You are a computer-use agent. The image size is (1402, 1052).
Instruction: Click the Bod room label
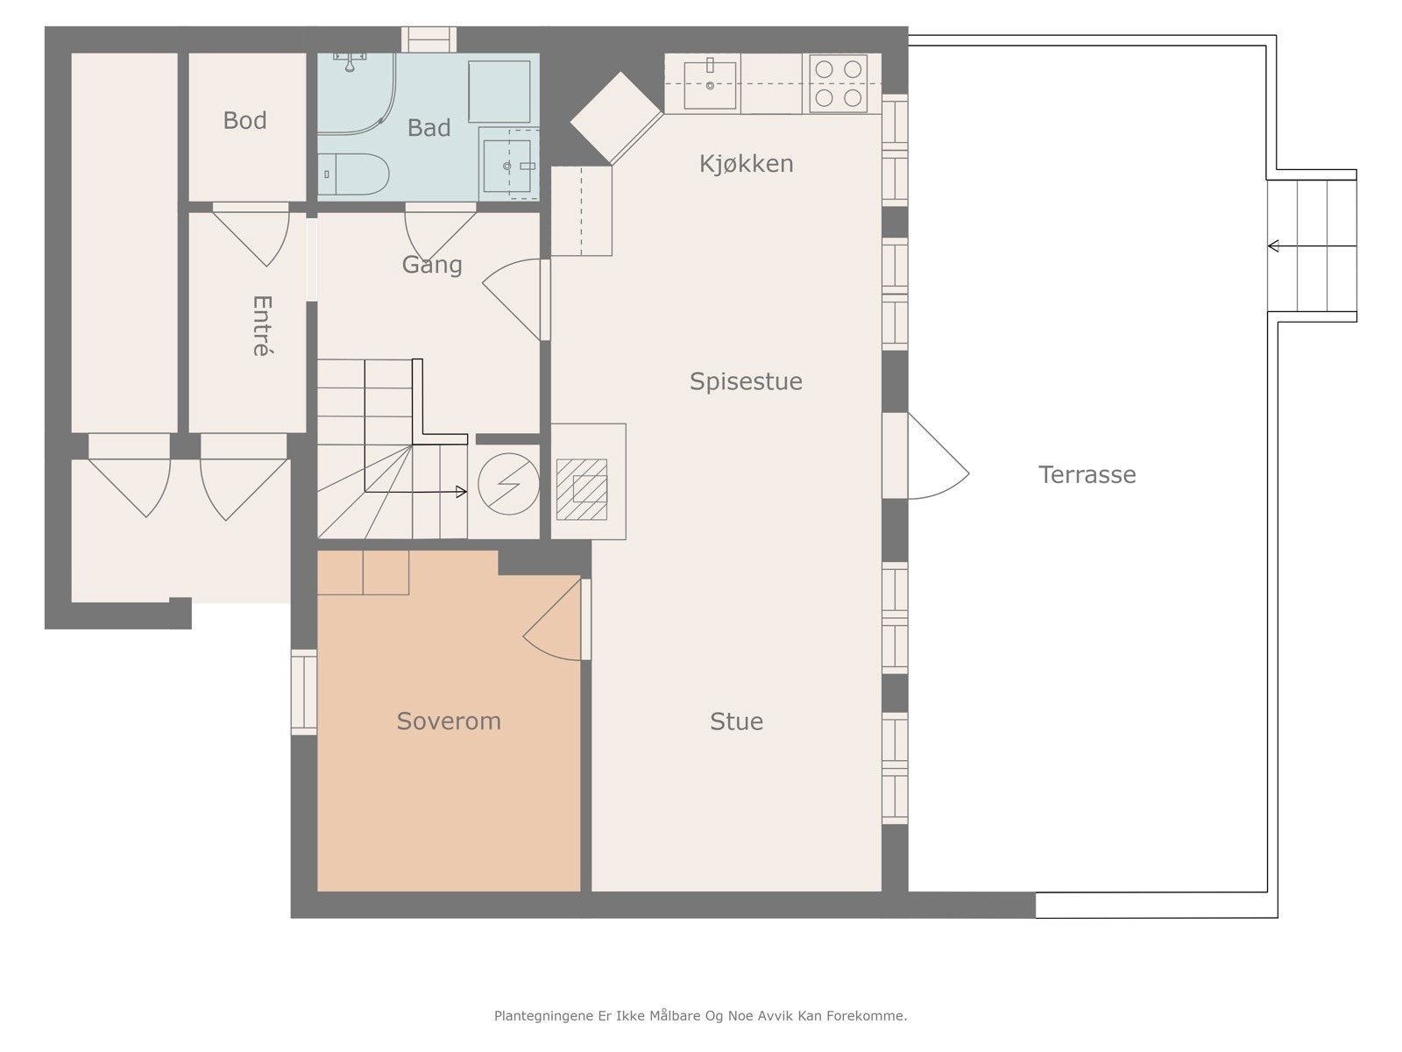(244, 120)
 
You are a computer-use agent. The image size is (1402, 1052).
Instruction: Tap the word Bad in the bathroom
(428, 128)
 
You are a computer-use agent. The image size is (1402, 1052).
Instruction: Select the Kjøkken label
(746, 164)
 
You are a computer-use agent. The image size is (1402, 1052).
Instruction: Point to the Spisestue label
(746, 381)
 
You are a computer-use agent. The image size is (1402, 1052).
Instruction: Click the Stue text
(736, 721)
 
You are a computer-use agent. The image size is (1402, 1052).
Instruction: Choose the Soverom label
(449, 721)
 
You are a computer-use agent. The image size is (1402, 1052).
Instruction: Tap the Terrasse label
(1087, 474)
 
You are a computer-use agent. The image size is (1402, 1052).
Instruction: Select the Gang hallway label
(432, 265)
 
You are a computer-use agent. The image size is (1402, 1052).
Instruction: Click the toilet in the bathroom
(353, 174)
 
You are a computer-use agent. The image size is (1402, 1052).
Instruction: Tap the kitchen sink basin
(710, 86)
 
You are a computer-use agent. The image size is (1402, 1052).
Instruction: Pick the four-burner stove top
(838, 83)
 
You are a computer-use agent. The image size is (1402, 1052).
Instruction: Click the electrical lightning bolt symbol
(508, 484)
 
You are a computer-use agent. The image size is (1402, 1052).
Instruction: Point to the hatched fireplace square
(581, 489)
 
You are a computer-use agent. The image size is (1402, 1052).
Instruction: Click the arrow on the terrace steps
(1312, 246)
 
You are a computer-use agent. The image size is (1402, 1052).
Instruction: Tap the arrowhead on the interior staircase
(461, 492)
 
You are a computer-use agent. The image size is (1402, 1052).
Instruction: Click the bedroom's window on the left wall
(304, 693)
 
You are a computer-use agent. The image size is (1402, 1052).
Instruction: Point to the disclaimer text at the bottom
(701, 1015)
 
